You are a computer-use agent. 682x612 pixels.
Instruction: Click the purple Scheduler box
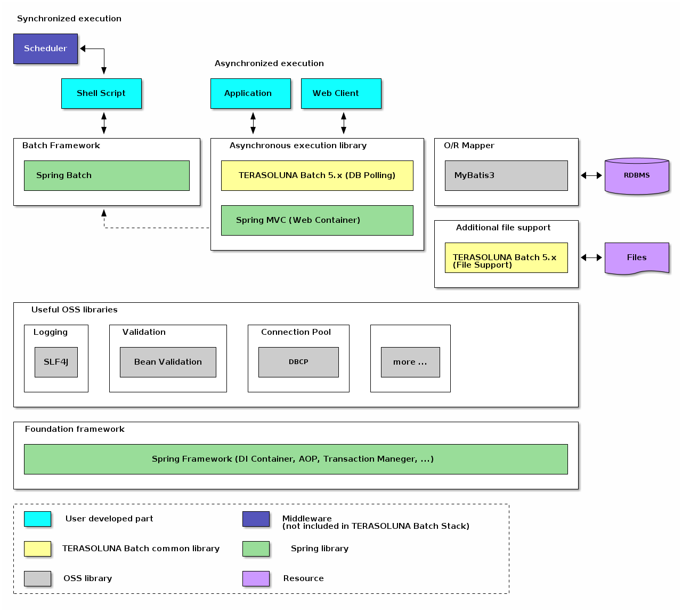[45, 49]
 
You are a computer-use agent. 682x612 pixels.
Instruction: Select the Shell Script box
[101, 93]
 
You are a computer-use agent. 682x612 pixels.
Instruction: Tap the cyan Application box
[250, 93]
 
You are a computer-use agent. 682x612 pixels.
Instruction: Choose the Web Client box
[341, 93]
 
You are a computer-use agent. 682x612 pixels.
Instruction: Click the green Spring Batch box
[107, 175]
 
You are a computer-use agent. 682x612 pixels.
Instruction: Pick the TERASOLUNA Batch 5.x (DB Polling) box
[317, 175]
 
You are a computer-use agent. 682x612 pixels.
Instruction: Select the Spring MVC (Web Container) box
[317, 220]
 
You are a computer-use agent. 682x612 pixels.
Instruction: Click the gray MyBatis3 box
[506, 175]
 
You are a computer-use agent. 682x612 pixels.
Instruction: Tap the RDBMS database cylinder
[637, 176]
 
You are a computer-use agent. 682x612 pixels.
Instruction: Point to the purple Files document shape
[637, 258]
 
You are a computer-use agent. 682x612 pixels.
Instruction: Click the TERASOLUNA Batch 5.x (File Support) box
[506, 257]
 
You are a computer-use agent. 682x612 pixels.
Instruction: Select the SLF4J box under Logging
[56, 362]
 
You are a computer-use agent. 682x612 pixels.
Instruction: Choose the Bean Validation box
[168, 362]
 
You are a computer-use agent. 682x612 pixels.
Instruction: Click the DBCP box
[298, 362]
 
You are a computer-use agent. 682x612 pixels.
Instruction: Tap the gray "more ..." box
[410, 362]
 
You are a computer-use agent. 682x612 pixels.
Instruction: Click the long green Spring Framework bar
[296, 459]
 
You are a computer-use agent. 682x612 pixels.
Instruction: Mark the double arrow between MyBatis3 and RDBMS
[591, 175]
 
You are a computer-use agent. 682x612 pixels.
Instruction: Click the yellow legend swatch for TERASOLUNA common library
[37, 549]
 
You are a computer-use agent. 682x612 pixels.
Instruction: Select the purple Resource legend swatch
[256, 578]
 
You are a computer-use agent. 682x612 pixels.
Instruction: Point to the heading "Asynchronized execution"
[269, 63]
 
